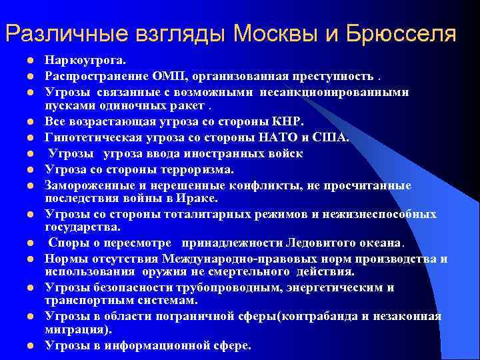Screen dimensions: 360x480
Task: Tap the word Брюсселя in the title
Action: [x=403, y=33]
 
